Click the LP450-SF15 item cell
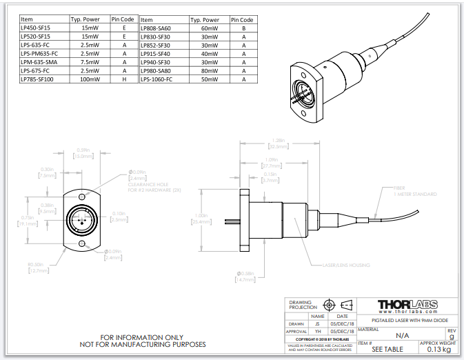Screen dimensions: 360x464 coord(36,28)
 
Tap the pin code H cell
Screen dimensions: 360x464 coord(123,79)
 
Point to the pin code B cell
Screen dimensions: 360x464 coord(243,28)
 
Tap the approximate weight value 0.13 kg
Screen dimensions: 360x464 coord(438,349)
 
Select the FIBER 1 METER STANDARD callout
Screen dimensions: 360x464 coord(414,192)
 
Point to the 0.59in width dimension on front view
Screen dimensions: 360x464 coord(83,153)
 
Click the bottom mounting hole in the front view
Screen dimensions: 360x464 coord(83,243)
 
